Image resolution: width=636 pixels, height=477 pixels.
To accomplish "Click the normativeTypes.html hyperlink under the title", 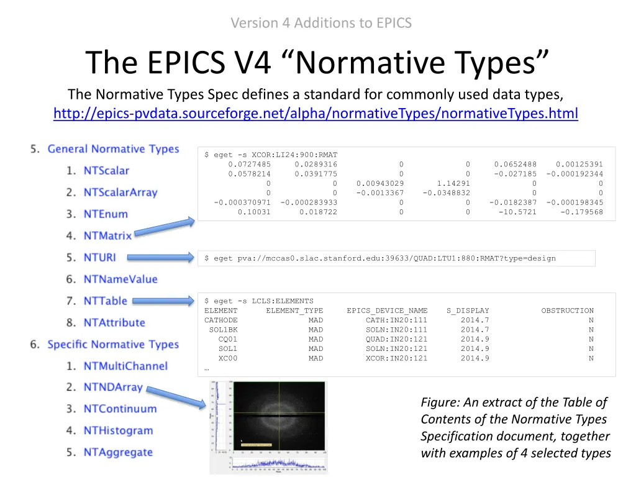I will point(316,114).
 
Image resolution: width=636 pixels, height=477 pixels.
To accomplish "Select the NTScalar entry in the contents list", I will point(106,171).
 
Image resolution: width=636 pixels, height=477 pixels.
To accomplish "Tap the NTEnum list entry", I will point(106,214).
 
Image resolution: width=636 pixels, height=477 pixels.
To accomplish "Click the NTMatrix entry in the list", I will point(107,236).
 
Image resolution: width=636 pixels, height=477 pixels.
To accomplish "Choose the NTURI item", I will point(99,257).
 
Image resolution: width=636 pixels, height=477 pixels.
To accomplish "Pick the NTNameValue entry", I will point(120,279).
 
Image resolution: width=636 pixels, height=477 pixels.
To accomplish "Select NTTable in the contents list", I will point(105,301).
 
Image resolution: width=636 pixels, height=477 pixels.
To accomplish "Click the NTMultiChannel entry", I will point(125,366).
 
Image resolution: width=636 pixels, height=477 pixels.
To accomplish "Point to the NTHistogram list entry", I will point(118,430).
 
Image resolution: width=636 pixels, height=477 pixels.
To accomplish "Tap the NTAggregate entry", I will point(118,452).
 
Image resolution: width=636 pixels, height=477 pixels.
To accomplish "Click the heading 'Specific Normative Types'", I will point(113,345).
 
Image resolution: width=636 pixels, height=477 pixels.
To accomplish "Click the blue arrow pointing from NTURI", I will point(163,257).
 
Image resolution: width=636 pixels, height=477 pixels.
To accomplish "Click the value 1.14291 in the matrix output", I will point(453,184).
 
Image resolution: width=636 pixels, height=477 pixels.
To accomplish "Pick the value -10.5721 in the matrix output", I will point(517,212).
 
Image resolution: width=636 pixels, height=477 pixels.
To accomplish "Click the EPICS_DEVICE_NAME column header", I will point(387,311).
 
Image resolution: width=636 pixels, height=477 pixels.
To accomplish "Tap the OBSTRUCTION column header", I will point(567,311).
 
